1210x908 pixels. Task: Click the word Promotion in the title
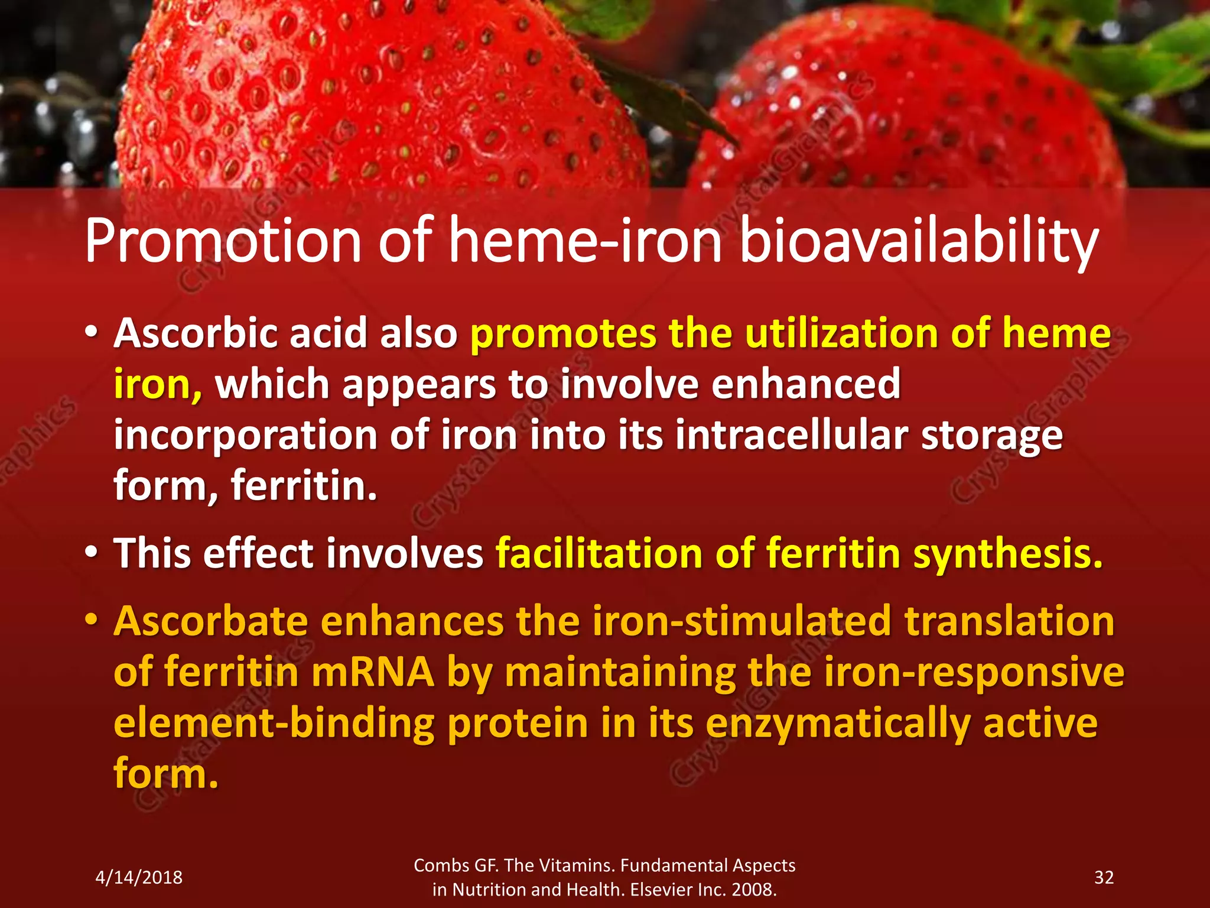click(x=223, y=241)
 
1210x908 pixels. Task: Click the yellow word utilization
click(x=841, y=333)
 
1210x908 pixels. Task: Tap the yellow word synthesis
click(x=1008, y=554)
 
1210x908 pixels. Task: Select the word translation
click(x=1010, y=621)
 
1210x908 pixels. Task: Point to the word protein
click(x=518, y=724)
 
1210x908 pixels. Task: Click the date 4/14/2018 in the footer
click(x=139, y=877)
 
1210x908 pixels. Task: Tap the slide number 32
click(x=1104, y=877)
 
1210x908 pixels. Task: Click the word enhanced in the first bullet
click(x=806, y=384)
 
